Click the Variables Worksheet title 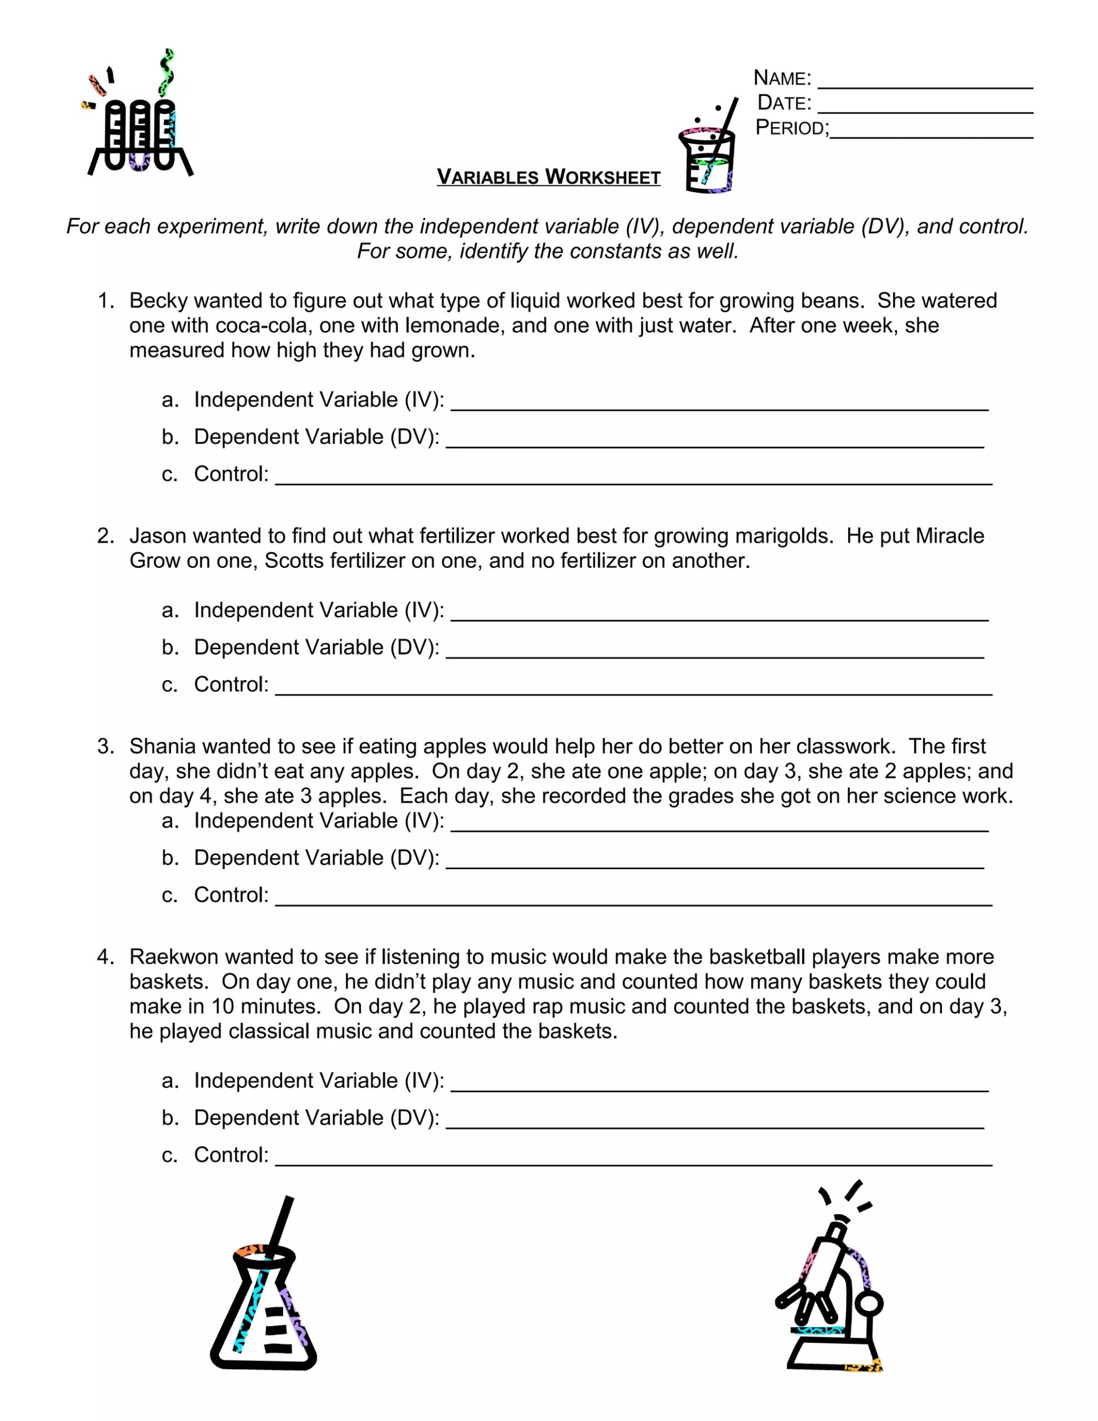[x=548, y=177]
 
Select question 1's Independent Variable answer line [x=719, y=407]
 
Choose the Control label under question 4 [x=231, y=1155]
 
